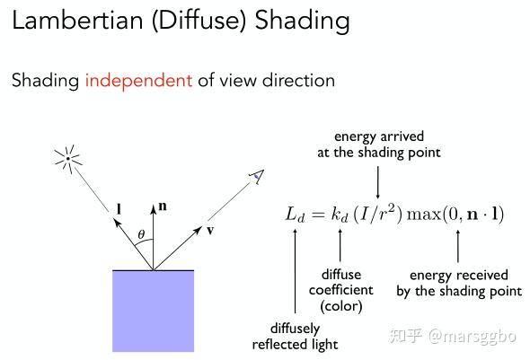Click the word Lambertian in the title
pos(77,20)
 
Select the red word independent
pos(138,81)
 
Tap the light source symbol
pos(68,159)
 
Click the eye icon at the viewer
pos(257,177)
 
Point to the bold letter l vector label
pos(119,209)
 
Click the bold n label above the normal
pos(163,206)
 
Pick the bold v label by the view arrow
pos(210,231)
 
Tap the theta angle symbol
pos(141,234)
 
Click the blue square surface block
pos(153,311)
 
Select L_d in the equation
pos(295,215)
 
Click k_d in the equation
pos(339,215)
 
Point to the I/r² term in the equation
pos(378,214)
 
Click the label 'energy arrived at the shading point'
pos(379,145)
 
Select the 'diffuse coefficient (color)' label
pos(341,291)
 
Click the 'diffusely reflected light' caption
pos(295,337)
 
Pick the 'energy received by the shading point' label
pos(459,283)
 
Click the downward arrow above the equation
pos(378,182)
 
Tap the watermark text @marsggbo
pos(473,337)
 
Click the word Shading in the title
pos(302,21)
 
